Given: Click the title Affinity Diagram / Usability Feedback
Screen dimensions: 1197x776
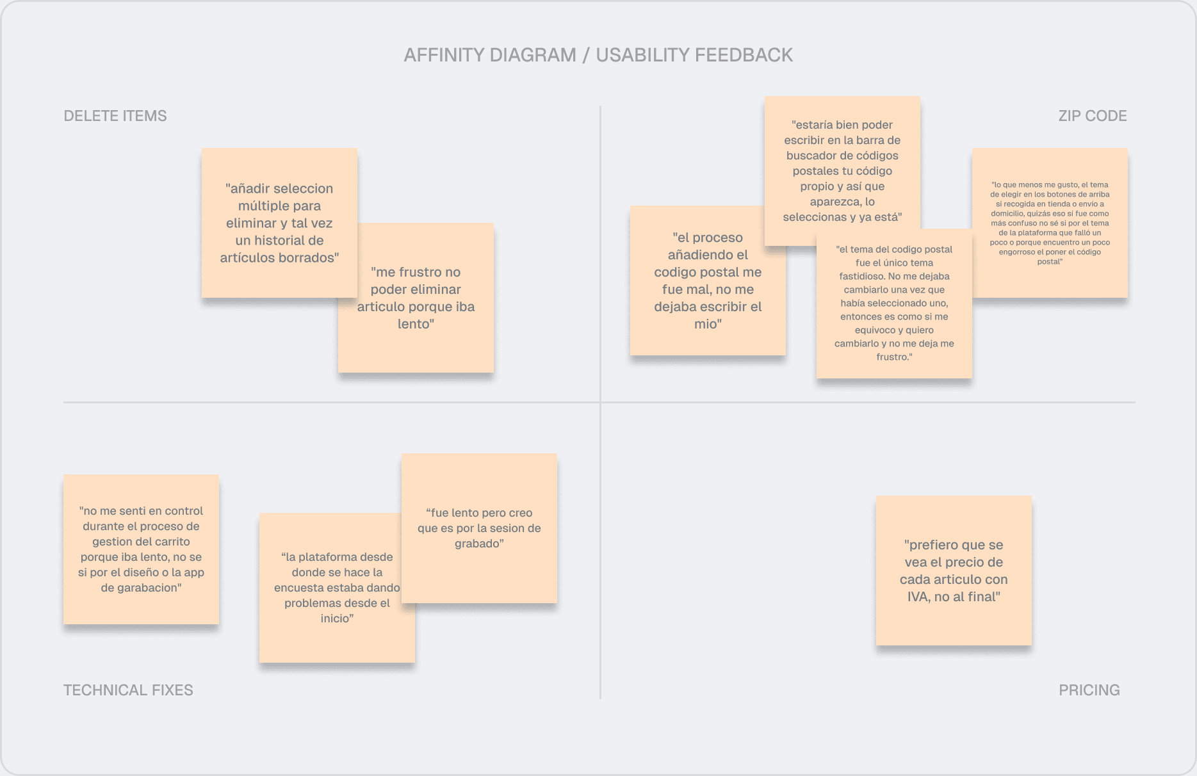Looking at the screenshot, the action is (x=598, y=55).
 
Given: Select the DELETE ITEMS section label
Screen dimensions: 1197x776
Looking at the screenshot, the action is (x=115, y=116).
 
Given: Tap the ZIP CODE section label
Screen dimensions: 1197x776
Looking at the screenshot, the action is (x=1092, y=116).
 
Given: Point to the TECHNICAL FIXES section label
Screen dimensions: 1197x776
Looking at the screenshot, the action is (x=128, y=690).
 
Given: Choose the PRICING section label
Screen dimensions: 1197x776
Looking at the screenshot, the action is (x=1089, y=690).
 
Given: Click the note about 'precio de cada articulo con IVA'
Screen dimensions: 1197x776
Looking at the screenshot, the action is (x=954, y=570).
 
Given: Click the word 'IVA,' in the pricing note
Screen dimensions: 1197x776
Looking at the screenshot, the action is (x=919, y=597).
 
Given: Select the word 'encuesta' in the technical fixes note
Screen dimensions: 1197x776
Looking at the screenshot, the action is (x=297, y=588).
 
